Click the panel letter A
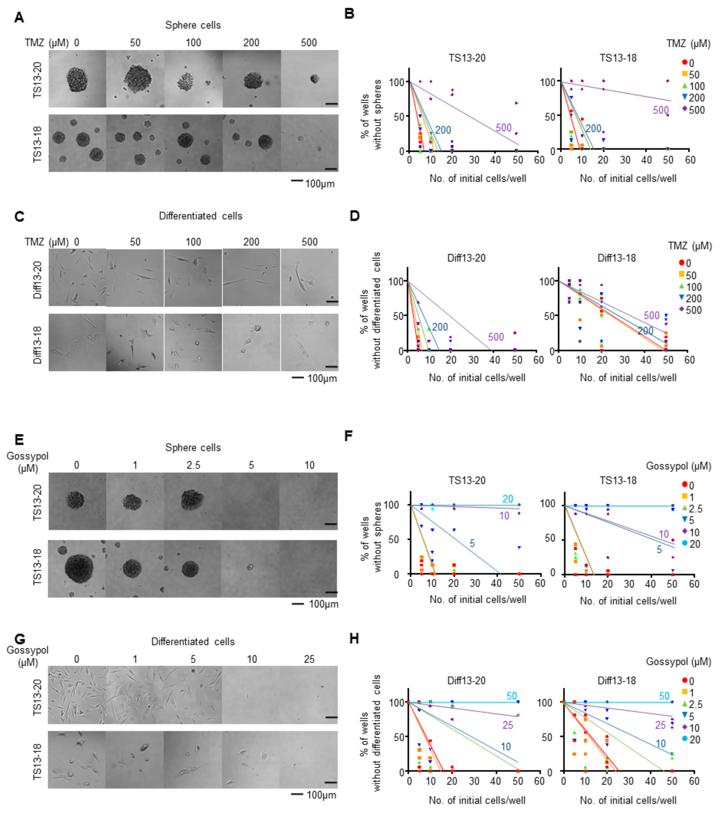pyautogui.click(x=19, y=18)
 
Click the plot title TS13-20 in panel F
pyautogui.click(x=467, y=480)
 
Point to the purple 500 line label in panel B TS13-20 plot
pyautogui.click(x=503, y=128)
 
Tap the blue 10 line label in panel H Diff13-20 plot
pyautogui.click(x=506, y=746)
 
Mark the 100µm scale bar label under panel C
pyautogui.click(x=322, y=378)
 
